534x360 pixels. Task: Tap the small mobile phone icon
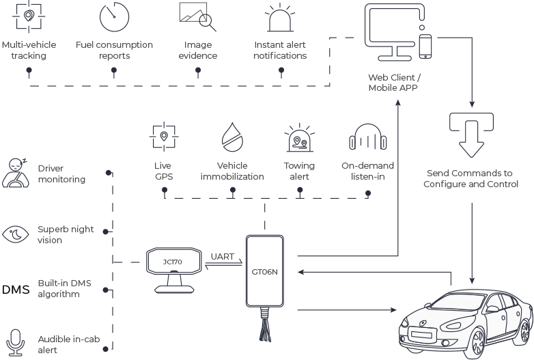426,46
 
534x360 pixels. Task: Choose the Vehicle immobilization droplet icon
231,137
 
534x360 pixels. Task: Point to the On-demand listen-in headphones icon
367,139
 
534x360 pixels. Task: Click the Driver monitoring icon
15,171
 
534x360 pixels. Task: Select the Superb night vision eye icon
15,234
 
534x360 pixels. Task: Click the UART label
222,256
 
